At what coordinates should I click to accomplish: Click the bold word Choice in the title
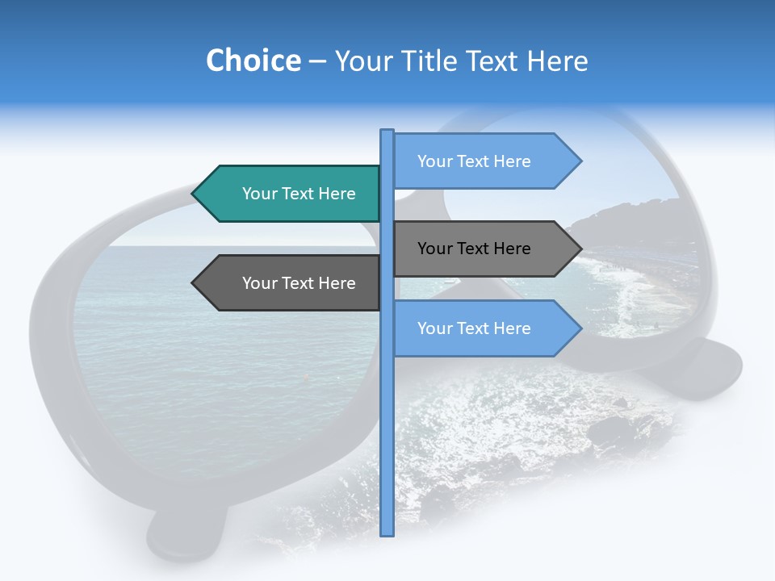tap(253, 61)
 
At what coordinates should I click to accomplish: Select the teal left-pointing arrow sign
tap(291, 194)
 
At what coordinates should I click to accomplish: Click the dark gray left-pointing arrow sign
tap(291, 283)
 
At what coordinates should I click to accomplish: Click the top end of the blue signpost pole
tap(387, 132)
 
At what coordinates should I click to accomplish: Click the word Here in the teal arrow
tap(337, 194)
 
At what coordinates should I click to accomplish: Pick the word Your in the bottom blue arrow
tap(434, 328)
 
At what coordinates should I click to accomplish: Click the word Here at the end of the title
tap(557, 61)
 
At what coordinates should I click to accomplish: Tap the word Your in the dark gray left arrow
tap(259, 283)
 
